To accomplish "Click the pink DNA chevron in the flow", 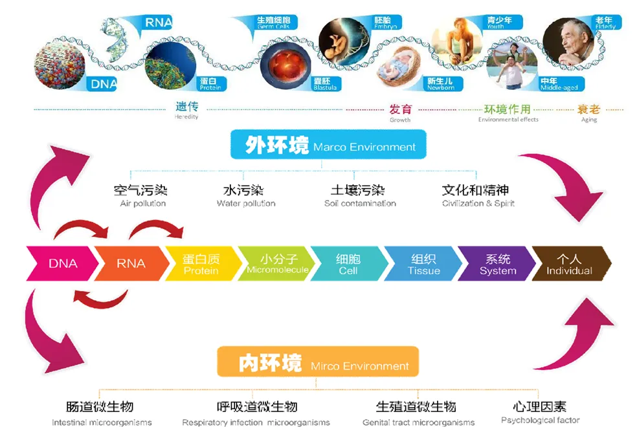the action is (x=62, y=263).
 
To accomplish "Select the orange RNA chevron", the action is (x=131, y=263).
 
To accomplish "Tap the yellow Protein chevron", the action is (x=201, y=263).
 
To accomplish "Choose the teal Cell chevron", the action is (x=348, y=263).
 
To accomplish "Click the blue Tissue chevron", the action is (x=423, y=263).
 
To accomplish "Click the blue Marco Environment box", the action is (x=329, y=145).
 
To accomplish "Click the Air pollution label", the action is (x=142, y=196).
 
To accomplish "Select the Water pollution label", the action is (x=245, y=196).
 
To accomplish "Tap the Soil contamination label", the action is (x=359, y=196).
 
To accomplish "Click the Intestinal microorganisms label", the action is (x=102, y=413).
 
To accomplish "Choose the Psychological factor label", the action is (x=540, y=412).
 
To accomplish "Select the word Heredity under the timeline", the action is (x=186, y=117).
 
